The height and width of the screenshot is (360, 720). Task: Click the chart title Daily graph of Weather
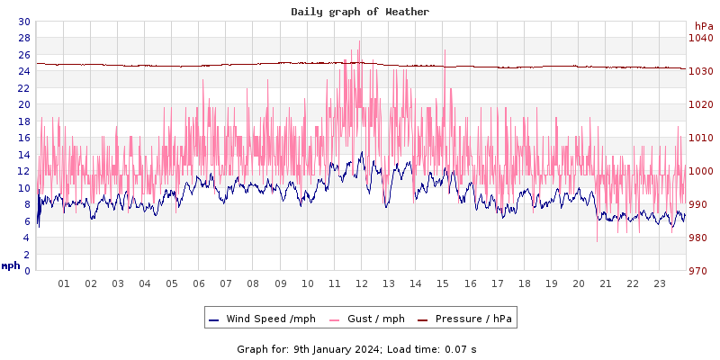point(360,12)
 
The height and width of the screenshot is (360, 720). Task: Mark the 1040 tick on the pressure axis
point(699,38)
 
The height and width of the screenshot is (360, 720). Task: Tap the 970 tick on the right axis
point(699,271)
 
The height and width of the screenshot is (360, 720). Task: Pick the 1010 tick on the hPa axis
point(699,138)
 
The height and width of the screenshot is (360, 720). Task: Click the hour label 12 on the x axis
point(362,283)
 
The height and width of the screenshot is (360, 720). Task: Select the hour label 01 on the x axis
point(64,283)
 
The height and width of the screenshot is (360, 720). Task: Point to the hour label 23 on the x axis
point(660,283)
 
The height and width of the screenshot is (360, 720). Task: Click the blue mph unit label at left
point(11,265)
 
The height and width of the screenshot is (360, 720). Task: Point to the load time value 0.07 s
point(461,349)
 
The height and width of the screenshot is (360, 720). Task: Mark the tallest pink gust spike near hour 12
point(359,40)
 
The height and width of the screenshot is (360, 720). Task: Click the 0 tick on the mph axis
point(26,271)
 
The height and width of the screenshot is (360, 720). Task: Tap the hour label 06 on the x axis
point(199,283)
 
